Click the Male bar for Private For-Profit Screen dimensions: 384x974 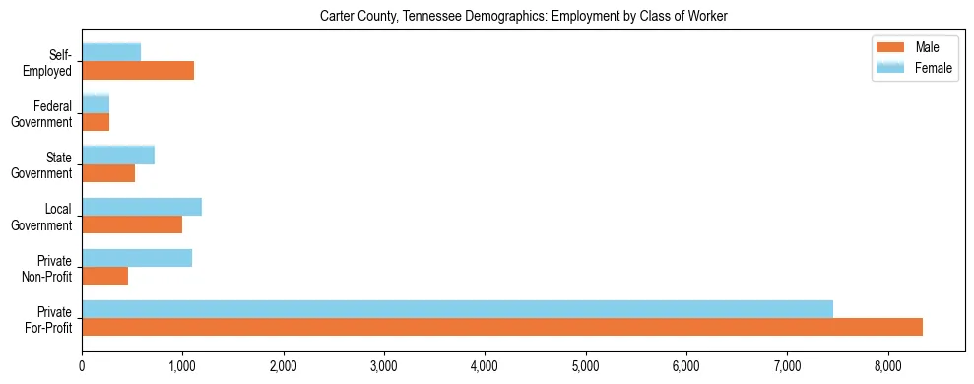click(x=502, y=327)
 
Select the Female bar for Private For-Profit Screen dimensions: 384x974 click(x=457, y=309)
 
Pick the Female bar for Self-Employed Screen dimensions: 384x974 click(x=111, y=52)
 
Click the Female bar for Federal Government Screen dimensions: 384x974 click(x=96, y=103)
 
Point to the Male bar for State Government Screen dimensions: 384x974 click(x=108, y=173)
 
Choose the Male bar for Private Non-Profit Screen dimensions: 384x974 click(x=104, y=276)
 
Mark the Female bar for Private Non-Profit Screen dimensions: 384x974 click(x=137, y=258)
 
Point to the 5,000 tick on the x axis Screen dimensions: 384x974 click(x=585, y=366)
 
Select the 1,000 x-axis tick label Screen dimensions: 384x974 click(x=182, y=366)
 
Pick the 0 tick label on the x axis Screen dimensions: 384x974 click(x=82, y=366)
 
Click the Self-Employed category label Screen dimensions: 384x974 click(x=53, y=62)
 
